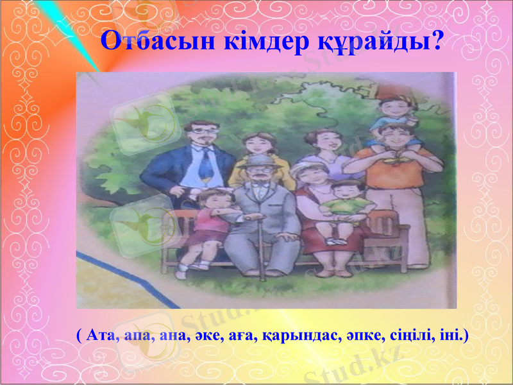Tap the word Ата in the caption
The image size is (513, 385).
coord(97,336)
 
